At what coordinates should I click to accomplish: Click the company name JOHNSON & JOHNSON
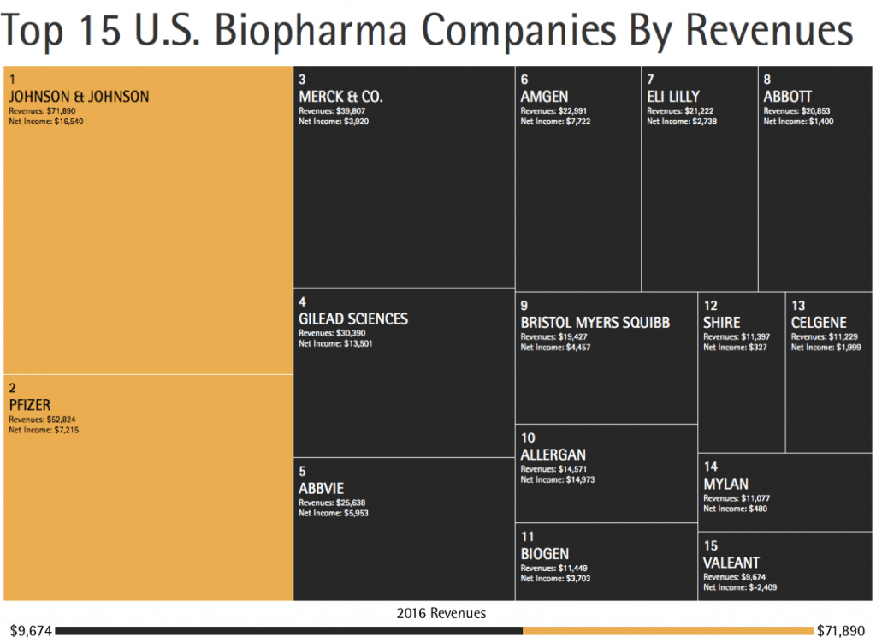click(x=79, y=97)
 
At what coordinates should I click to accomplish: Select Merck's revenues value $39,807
click(x=347, y=111)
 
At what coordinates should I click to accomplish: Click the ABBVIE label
click(x=321, y=488)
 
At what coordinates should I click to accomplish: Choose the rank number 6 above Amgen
click(x=524, y=80)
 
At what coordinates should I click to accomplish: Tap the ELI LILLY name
click(x=673, y=97)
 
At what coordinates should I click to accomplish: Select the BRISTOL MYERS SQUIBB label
click(x=595, y=323)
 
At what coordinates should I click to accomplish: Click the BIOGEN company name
click(x=544, y=554)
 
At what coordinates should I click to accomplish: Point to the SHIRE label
click(x=721, y=323)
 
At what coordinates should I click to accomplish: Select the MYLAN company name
click(x=725, y=485)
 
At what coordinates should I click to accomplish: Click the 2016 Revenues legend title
click(x=441, y=613)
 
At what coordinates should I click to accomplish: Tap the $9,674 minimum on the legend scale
click(x=28, y=631)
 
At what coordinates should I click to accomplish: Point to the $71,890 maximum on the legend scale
click(x=843, y=631)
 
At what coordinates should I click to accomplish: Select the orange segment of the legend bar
click(x=667, y=631)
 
